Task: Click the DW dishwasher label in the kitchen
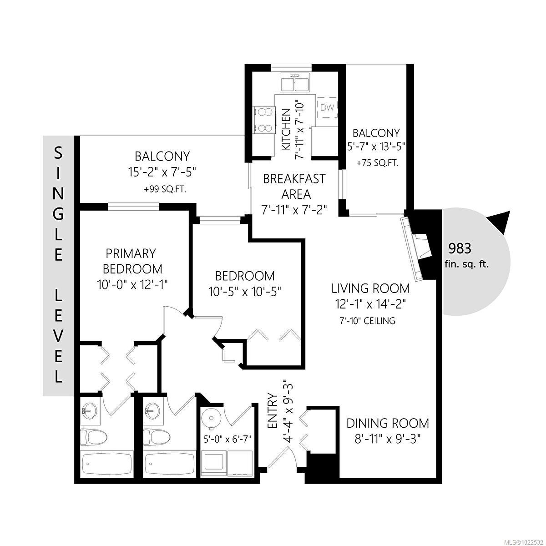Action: tap(327, 107)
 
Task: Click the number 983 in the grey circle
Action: tap(460, 248)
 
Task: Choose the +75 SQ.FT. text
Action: tap(377, 162)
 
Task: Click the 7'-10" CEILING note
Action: tap(367, 321)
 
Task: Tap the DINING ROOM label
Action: tap(387, 423)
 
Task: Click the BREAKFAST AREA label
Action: tap(294, 186)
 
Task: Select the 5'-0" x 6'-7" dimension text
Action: tap(227, 439)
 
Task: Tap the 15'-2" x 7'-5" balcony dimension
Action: tap(162, 172)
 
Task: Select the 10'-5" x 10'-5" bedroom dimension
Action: tap(245, 291)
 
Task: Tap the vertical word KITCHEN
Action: tap(286, 130)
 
